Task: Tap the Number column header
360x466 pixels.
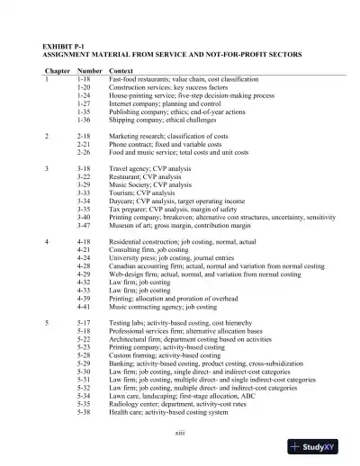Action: [89, 69]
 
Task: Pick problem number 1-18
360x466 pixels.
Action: [84, 79]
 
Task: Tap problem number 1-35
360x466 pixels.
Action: [84, 111]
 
